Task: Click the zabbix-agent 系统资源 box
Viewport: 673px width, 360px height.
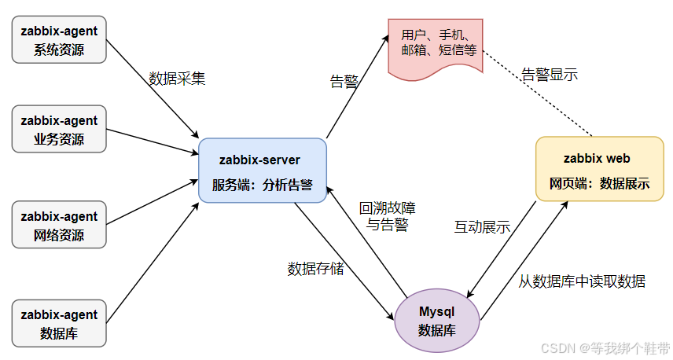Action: tap(59, 42)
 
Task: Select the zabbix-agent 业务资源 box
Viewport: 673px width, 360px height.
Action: tap(59, 130)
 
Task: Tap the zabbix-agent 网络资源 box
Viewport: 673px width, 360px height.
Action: tap(59, 226)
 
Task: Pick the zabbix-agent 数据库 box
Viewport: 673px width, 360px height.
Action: tap(59, 323)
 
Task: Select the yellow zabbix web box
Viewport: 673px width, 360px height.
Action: tap(599, 171)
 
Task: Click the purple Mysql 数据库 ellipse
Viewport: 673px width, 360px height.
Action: tap(436, 320)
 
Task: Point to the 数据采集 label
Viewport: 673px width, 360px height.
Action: tap(177, 79)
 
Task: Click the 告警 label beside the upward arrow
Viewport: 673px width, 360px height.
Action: tap(343, 80)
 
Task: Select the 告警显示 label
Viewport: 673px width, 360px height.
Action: tap(550, 75)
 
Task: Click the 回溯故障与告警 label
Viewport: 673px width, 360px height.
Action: tap(387, 216)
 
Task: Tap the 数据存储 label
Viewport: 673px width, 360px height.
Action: tap(314, 268)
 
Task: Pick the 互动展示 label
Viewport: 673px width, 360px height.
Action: tap(482, 227)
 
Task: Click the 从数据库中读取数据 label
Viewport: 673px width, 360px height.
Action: tap(583, 281)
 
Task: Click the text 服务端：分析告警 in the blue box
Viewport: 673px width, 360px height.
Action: tap(262, 186)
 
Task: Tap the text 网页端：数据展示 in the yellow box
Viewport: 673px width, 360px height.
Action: tap(599, 184)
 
